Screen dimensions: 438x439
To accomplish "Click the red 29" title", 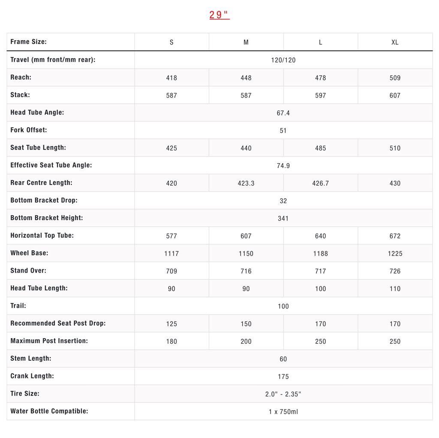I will pos(219,15).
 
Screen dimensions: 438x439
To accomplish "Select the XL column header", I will pos(395,42).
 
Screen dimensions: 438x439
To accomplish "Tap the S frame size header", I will pos(171,42).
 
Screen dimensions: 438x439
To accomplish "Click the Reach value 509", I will pos(395,78).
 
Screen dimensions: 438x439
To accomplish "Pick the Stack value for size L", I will pos(320,96).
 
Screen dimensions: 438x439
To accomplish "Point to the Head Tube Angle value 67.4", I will pos(283,113).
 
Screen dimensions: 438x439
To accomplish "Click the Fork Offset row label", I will pos(29,130).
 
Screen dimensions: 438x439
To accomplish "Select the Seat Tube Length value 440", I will pos(246,148).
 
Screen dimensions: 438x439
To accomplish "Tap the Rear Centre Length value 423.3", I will pos(246,183).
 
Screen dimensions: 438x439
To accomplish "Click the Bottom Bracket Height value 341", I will pos(283,219).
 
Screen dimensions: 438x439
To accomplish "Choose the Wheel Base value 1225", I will pos(395,254).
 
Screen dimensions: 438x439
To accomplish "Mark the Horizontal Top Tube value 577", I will pos(171,236).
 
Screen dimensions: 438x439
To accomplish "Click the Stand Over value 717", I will pos(320,271).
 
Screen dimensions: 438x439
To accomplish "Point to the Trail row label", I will pos(18,306).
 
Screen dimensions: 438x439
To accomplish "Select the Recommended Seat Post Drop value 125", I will pos(171,324).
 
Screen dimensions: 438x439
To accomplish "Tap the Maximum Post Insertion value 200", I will pos(246,342).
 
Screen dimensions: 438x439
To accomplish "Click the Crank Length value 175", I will pos(283,377).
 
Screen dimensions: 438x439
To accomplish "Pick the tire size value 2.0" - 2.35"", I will pos(283,394).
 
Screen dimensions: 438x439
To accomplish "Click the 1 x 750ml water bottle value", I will pos(283,412).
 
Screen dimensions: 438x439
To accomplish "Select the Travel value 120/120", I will pos(283,60).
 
